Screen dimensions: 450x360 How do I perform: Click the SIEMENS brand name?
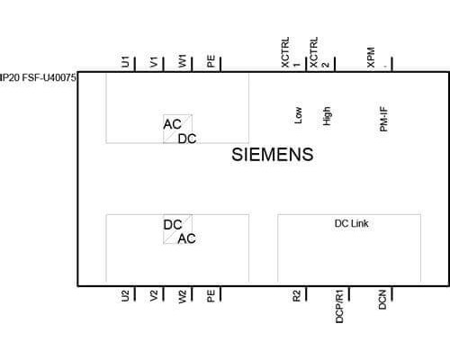click(273, 155)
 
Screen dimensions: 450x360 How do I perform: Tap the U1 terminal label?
click(125, 61)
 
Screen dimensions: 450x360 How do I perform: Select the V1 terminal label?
click(154, 62)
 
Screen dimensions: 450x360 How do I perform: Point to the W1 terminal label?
click(182, 61)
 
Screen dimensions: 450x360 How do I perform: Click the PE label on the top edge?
click(211, 61)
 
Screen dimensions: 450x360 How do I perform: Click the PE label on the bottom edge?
click(211, 296)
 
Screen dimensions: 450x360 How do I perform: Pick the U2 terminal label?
click(125, 296)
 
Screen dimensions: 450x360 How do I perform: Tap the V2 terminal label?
click(154, 296)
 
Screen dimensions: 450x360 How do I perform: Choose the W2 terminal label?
click(182, 297)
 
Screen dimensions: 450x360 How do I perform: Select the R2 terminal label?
click(296, 296)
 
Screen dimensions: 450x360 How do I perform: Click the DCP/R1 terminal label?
click(339, 306)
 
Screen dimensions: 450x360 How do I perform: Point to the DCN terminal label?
click(382, 300)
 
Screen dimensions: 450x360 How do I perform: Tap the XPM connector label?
click(371, 57)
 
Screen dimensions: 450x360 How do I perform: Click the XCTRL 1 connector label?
click(291, 52)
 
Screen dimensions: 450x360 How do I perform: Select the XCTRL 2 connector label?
click(319, 52)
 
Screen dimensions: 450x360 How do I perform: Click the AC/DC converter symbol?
click(179, 130)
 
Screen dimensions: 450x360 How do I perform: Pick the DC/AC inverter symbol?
click(179, 229)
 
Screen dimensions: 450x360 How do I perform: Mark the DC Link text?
click(351, 223)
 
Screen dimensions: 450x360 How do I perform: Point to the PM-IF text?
click(383, 119)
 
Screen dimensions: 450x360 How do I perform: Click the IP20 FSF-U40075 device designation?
click(38, 77)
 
